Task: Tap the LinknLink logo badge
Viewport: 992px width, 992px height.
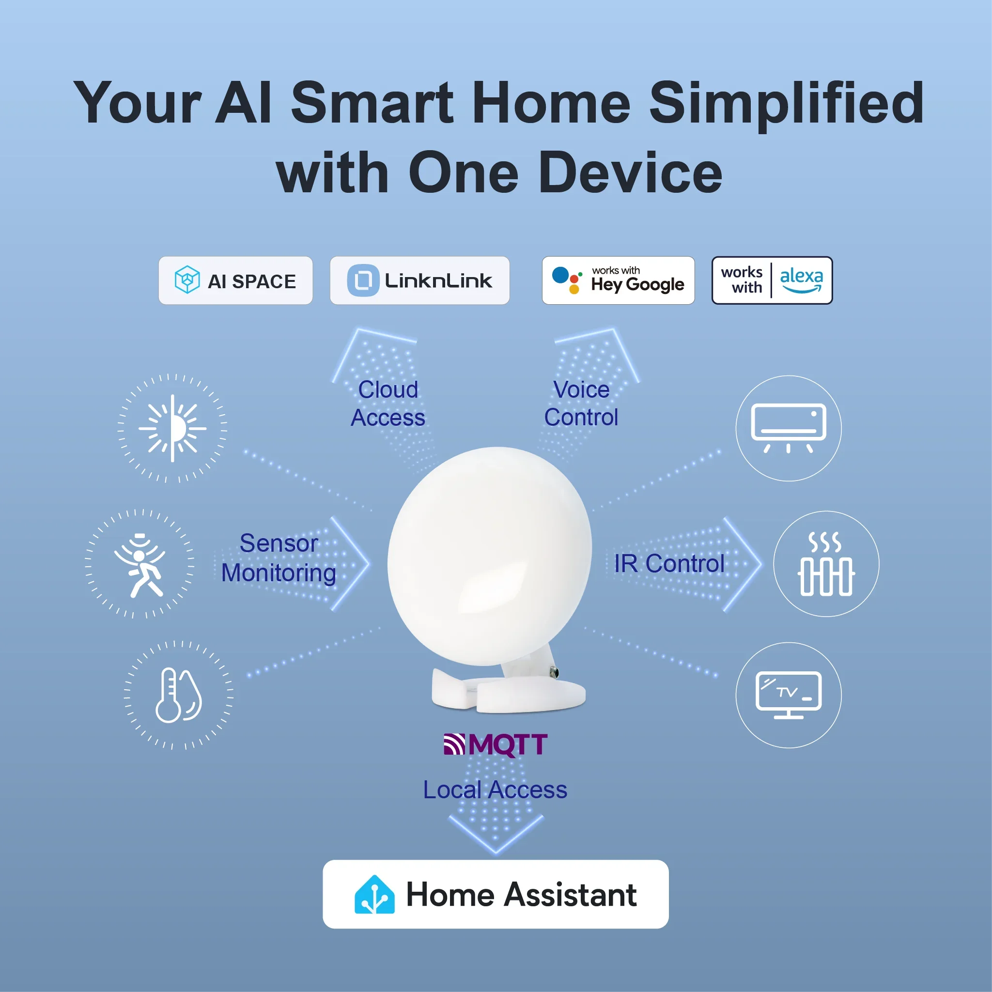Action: [x=419, y=280]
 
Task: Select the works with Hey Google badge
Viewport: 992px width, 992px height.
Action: [x=618, y=280]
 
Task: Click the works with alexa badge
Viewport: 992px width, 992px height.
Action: [x=772, y=280]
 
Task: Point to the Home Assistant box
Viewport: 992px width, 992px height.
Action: [x=496, y=894]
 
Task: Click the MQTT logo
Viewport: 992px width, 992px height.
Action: [x=496, y=744]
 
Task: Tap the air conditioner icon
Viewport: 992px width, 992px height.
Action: [x=788, y=428]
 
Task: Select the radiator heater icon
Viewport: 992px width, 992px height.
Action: [x=826, y=564]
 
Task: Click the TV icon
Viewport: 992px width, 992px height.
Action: [x=788, y=695]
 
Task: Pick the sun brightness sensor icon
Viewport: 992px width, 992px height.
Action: [x=172, y=428]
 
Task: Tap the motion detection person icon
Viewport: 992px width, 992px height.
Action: [x=139, y=564]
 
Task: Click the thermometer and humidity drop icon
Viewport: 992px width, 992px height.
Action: [x=178, y=696]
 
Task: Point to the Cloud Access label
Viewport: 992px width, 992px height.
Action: [x=388, y=403]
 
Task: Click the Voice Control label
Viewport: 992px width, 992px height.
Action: [x=581, y=403]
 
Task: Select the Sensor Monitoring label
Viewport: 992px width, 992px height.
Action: [x=279, y=558]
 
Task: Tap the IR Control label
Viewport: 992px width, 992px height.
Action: [x=669, y=564]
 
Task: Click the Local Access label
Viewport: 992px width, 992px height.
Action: [x=495, y=790]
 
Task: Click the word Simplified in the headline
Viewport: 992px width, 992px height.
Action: [x=786, y=103]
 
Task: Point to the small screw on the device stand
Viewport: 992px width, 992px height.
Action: [x=554, y=672]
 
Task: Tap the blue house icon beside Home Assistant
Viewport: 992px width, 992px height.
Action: [x=374, y=895]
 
